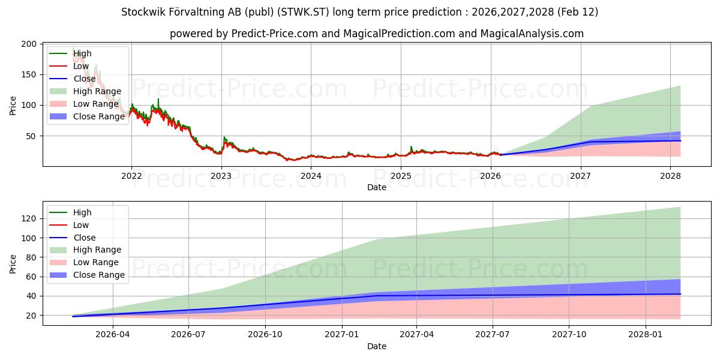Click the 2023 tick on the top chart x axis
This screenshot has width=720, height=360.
coord(221,176)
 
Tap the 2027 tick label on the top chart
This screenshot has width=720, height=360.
coord(580,176)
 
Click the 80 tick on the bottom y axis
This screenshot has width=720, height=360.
coord(31,257)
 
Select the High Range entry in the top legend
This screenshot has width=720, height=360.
coord(97,91)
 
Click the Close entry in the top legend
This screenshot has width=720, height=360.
coord(85,79)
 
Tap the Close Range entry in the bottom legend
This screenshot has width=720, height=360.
coord(99,275)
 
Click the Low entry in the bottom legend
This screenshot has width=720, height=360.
coord(81,225)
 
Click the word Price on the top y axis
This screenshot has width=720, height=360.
coord(13,105)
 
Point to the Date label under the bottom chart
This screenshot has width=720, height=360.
coord(376,346)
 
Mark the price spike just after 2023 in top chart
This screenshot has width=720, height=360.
coord(224,138)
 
